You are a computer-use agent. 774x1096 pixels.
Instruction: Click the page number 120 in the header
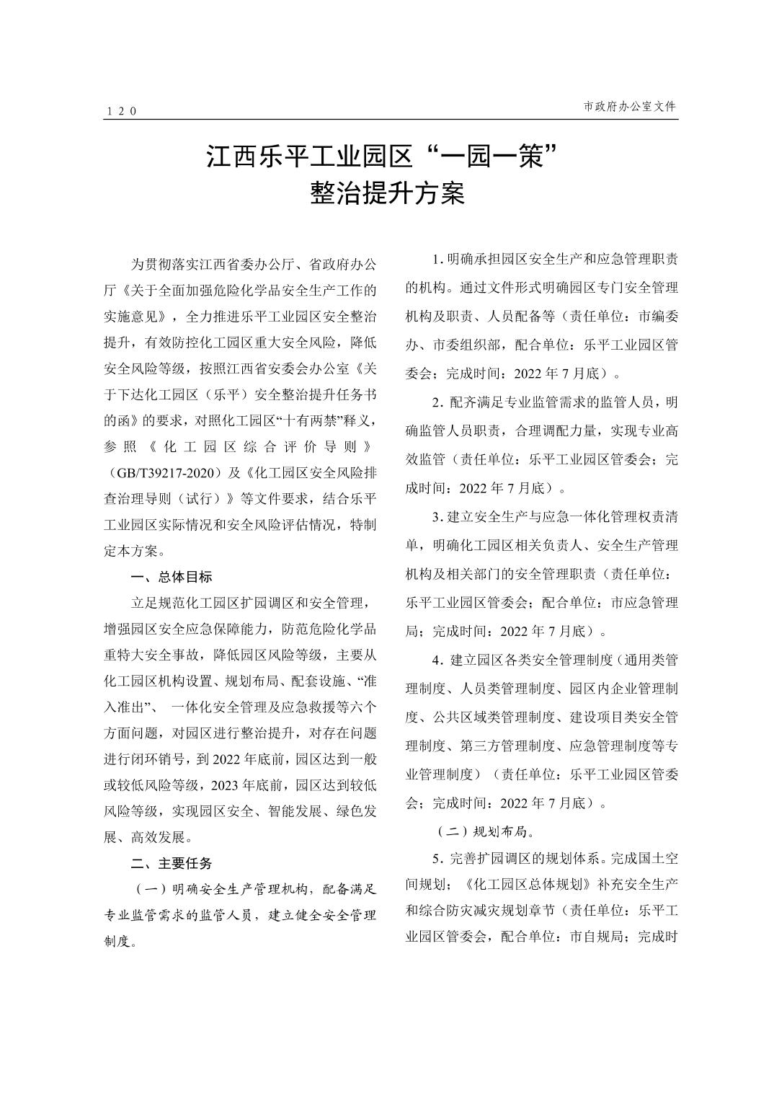click(x=120, y=111)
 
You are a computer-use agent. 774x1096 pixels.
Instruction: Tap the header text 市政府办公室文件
click(x=630, y=106)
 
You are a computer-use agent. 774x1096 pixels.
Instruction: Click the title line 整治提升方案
click(x=387, y=193)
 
